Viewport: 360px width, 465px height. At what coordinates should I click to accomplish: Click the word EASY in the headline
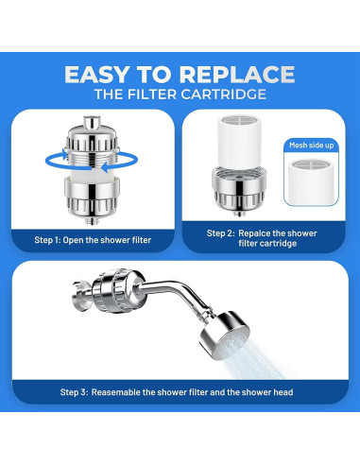pos(96,75)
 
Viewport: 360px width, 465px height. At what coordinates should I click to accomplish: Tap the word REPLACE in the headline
pos(237,75)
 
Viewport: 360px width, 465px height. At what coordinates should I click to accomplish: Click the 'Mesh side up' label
pos(311,146)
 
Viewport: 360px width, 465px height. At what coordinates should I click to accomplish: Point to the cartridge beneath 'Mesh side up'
pos(311,181)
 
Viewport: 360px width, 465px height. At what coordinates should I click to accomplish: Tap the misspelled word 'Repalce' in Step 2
pos(254,233)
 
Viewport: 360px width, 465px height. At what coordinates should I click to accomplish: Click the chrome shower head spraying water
pos(224,336)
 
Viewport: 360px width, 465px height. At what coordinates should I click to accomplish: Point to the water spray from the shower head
pos(258,362)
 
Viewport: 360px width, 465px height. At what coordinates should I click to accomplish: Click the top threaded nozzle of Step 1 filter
pos(92,122)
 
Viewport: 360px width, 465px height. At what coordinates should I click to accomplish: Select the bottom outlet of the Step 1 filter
pos(92,220)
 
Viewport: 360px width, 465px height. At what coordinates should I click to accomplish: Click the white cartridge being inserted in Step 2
pos(239,141)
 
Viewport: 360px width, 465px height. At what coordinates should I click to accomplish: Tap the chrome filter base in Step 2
pos(239,190)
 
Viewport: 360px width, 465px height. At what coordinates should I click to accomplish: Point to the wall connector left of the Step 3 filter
pos(82,296)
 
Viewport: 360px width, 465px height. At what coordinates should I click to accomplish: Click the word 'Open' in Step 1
pos(73,240)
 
